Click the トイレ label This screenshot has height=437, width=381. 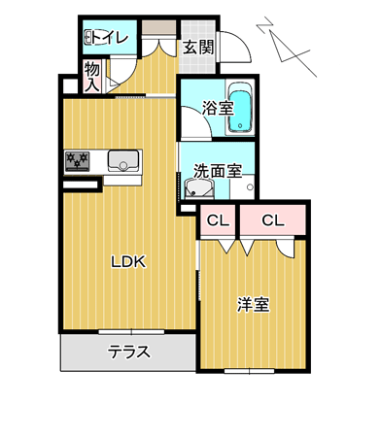click(x=110, y=38)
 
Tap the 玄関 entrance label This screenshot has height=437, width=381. click(x=198, y=48)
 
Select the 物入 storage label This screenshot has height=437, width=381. click(x=92, y=77)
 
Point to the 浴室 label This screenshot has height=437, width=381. click(x=218, y=108)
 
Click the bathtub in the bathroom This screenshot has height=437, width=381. click(x=240, y=108)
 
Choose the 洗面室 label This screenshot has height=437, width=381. click(x=218, y=171)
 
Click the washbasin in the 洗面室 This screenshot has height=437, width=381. click(x=198, y=188)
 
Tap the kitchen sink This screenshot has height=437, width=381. click(x=123, y=161)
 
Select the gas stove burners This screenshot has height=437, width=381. click(x=77, y=161)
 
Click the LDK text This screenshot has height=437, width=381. click(x=128, y=261)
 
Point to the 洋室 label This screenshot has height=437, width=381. click(x=253, y=304)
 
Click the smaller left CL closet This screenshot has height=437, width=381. click(x=218, y=220)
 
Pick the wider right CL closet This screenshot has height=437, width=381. click(x=273, y=220)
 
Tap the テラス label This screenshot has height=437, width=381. click(x=129, y=352)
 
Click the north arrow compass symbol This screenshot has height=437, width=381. click(x=286, y=47)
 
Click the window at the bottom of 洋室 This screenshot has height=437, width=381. click(x=250, y=371)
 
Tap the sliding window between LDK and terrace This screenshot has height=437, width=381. click(x=131, y=332)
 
